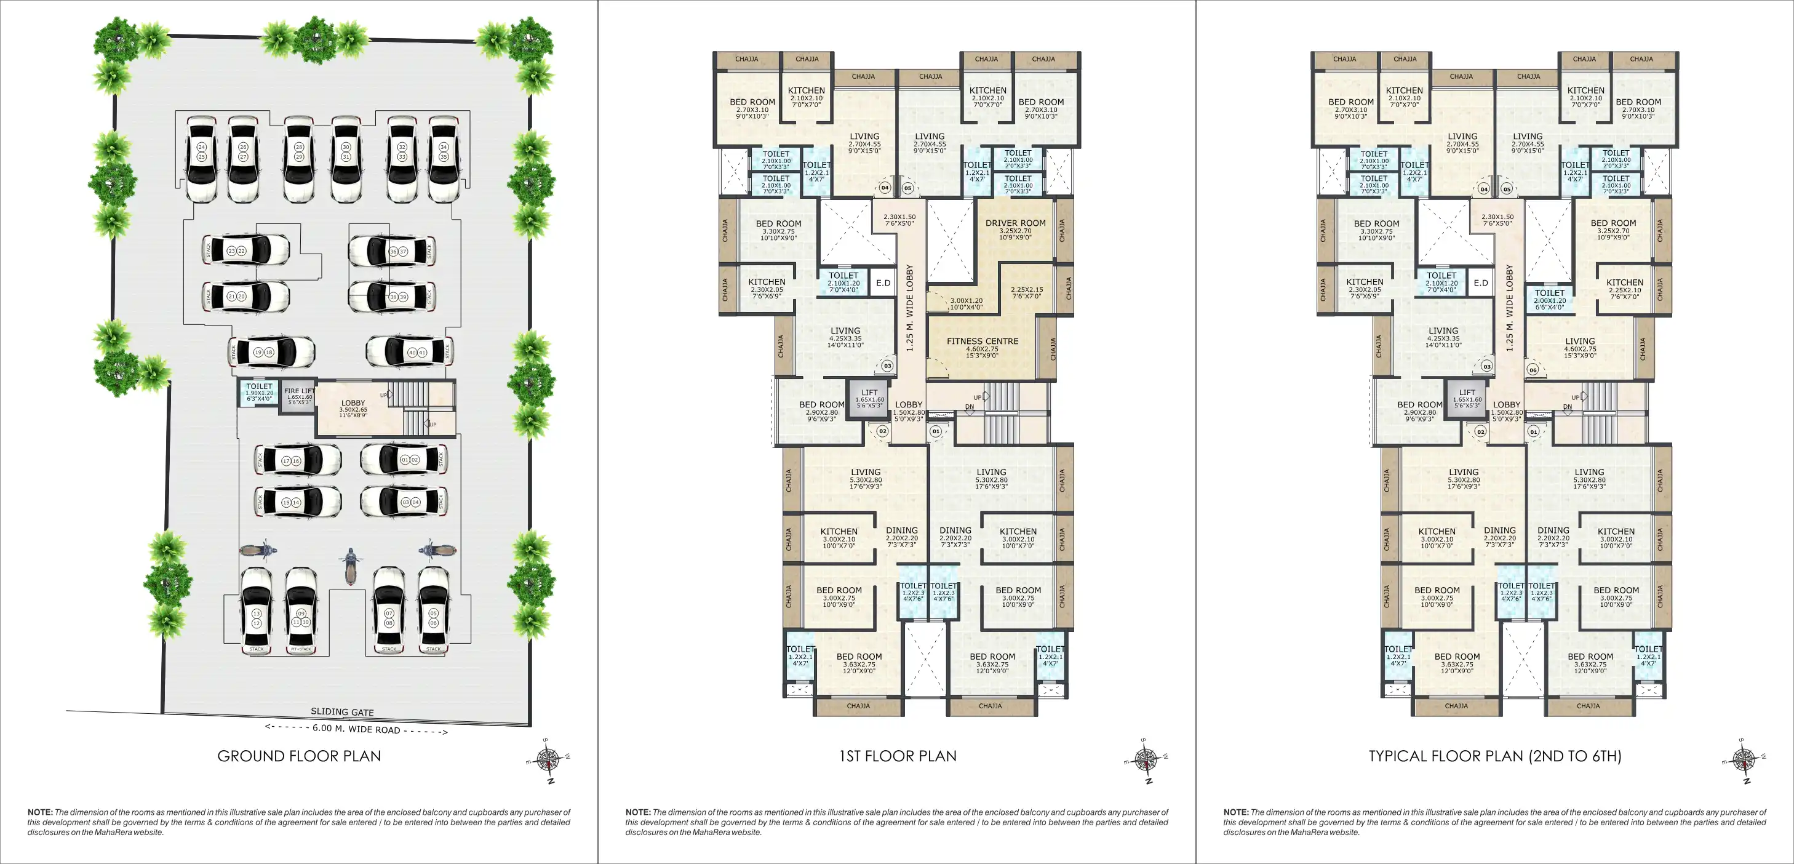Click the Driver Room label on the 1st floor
(x=1015, y=223)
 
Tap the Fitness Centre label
(x=982, y=342)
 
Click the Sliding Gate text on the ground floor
(x=342, y=712)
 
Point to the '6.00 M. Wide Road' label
(x=356, y=729)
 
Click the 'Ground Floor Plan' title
(x=299, y=756)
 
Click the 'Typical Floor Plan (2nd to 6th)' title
(x=1494, y=756)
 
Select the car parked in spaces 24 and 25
(x=201, y=159)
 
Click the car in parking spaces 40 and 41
(x=410, y=352)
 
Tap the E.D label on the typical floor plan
(x=1481, y=283)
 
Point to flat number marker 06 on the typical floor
(x=1532, y=370)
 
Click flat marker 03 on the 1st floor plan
(x=887, y=366)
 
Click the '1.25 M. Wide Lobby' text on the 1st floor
(x=909, y=307)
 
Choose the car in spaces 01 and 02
(x=404, y=460)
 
